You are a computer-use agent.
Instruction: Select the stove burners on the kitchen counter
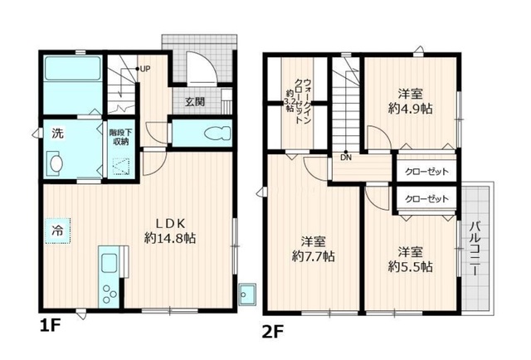pos(110,293)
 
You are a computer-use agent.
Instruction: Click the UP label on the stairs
pos(144,69)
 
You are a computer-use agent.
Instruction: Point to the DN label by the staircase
pos(343,156)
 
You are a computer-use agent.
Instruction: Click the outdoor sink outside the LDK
pos(246,292)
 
